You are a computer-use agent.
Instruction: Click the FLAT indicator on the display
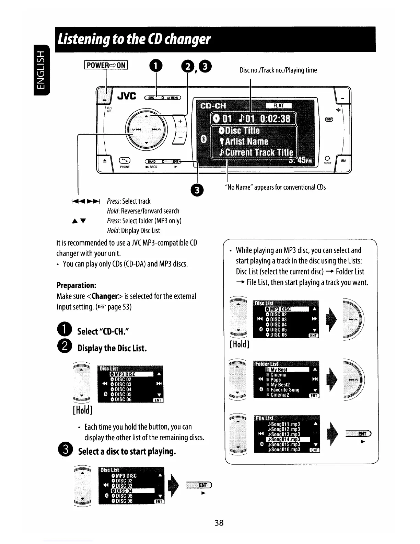279,106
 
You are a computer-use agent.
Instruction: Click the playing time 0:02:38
275,119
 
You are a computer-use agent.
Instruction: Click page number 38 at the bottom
219,523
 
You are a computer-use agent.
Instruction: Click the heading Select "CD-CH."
103,331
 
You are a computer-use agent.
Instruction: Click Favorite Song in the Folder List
285,390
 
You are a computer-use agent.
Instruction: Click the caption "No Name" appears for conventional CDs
276,187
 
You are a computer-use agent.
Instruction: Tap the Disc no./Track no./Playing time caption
278,70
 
